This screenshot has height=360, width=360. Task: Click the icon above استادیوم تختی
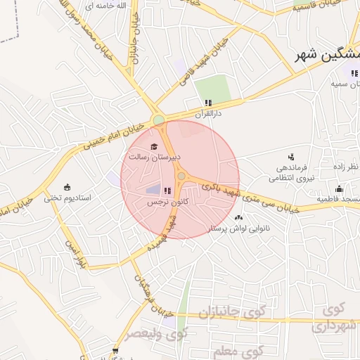pyautogui.click(x=67, y=187)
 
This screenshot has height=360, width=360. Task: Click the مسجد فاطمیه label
pyautogui.click(x=337, y=200)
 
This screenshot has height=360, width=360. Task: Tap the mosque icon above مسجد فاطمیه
pyautogui.click(x=339, y=188)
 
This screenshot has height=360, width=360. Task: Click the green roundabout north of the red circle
pyautogui.click(x=159, y=120)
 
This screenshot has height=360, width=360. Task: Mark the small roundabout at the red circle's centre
pyautogui.click(x=181, y=176)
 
